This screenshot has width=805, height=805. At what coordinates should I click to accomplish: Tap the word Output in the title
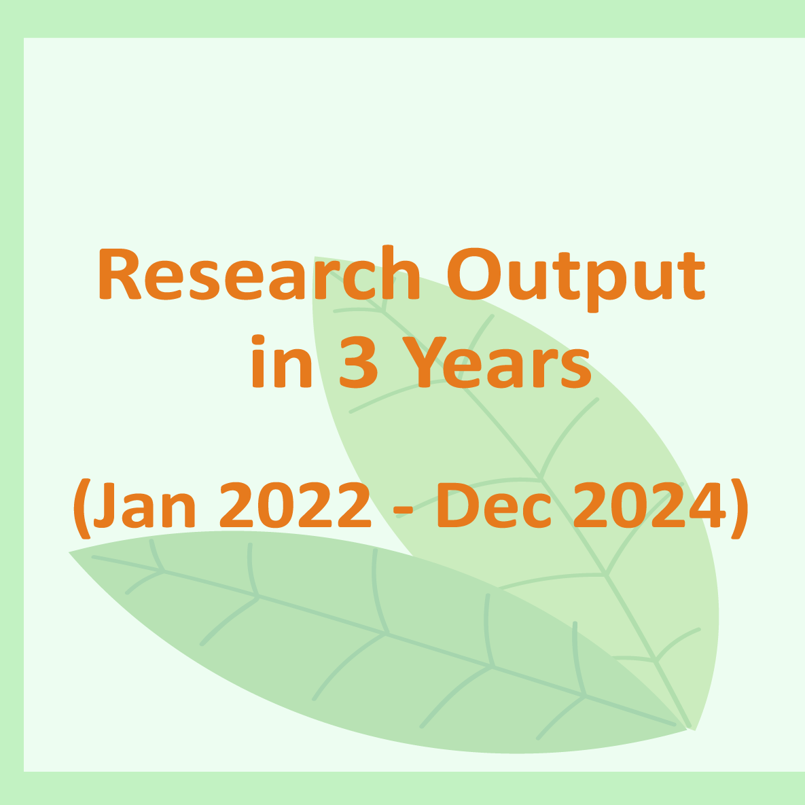(575, 275)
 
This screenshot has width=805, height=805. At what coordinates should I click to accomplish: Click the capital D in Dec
(456, 506)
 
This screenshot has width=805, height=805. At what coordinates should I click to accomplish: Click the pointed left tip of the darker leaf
(71, 552)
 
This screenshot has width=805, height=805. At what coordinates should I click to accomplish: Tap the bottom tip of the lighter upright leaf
(693, 730)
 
